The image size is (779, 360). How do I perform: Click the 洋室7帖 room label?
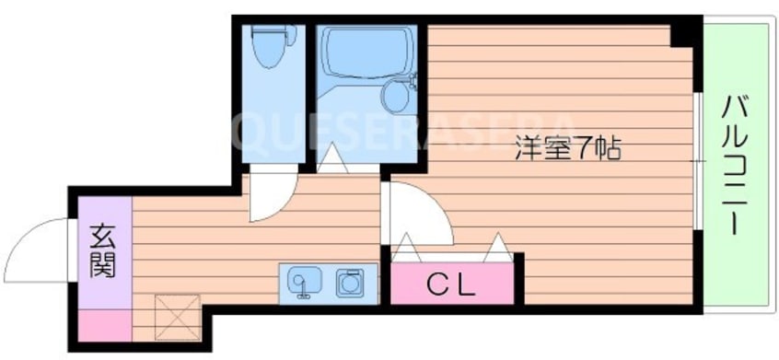(x=567, y=147)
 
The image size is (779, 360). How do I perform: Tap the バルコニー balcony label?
(x=734, y=165)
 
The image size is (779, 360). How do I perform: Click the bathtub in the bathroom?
(x=367, y=52)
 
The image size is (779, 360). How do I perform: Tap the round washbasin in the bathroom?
(x=398, y=97)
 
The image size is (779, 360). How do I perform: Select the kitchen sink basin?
(x=304, y=282)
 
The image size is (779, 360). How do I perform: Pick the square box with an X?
(x=177, y=318)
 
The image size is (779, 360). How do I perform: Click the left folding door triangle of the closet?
(x=406, y=248)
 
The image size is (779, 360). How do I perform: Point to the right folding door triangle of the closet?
(x=498, y=248)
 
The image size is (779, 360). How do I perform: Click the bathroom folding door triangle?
(x=331, y=158)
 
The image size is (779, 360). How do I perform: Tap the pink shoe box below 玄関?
(x=105, y=326)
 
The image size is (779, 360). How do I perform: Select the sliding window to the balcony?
(x=698, y=161)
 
